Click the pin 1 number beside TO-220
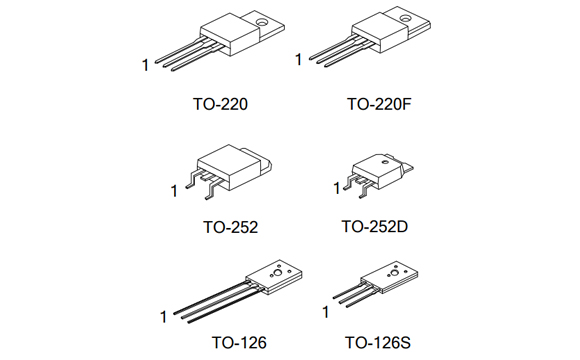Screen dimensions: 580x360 [x=145, y=66]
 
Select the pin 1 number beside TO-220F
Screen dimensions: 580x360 [x=298, y=60]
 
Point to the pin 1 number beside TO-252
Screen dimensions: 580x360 [x=173, y=189]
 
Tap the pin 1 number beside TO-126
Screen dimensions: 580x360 [x=163, y=318]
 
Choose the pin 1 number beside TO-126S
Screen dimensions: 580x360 [x=325, y=311]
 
